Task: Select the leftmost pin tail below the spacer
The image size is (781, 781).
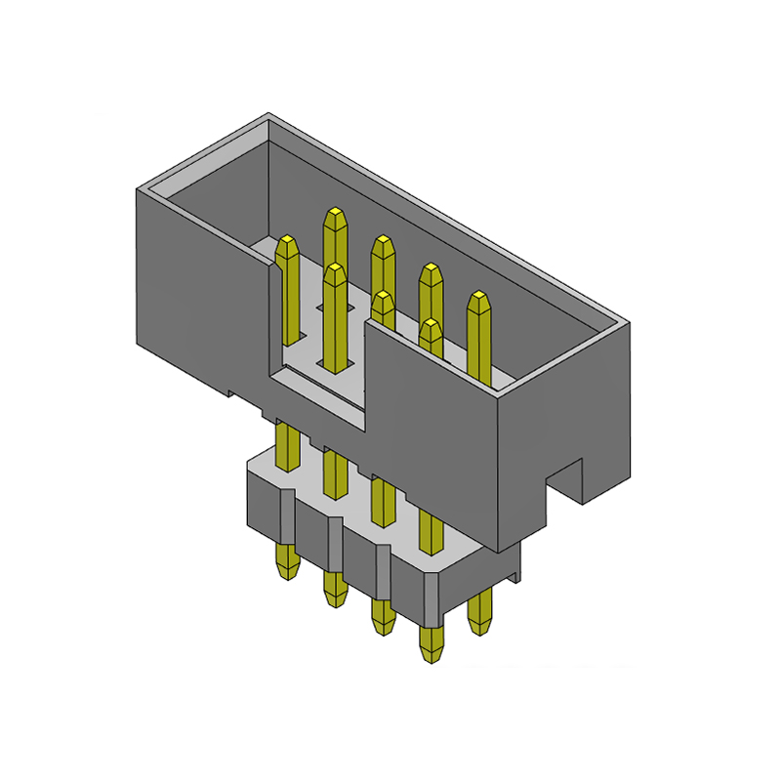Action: pyautogui.click(x=286, y=564)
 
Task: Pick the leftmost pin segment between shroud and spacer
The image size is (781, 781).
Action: pyautogui.click(x=288, y=444)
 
